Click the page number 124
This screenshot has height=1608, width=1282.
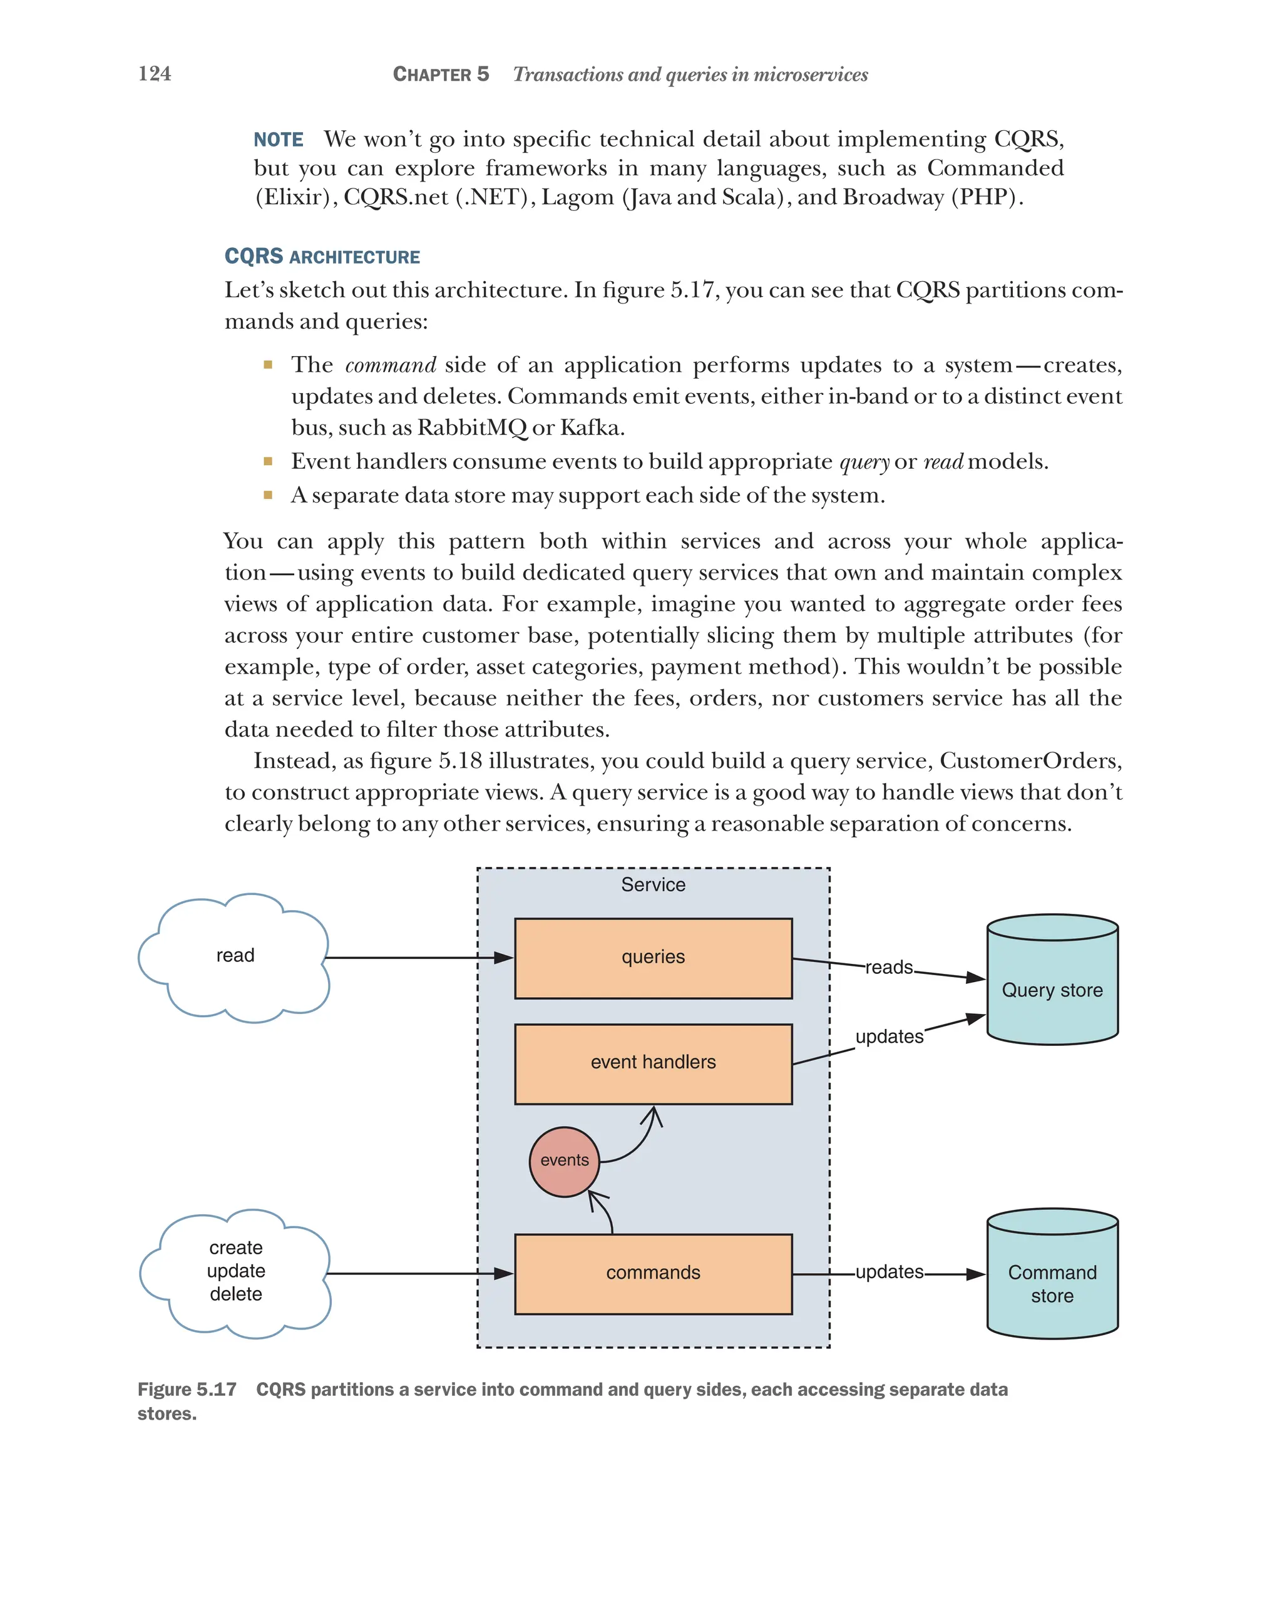[x=155, y=73]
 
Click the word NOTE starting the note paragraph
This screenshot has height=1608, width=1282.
[x=278, y=140]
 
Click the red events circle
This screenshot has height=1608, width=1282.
[x=564, y=1160]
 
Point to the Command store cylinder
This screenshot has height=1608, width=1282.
[x=1052, y=1276]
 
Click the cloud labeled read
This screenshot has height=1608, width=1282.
[x=234, y=956]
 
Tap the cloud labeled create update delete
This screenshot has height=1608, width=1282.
[x=235, y=1272]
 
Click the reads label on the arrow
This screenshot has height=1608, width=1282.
[x=888, y=967]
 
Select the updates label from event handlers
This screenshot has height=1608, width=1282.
[x=888, y=1037]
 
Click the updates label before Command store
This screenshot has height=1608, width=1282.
[x=888, y=1272]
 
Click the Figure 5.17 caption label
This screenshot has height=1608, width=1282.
[x=187, y=1390]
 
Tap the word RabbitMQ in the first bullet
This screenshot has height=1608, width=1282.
[x=471, y=428]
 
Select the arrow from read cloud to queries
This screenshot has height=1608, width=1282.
[x=418, y=958]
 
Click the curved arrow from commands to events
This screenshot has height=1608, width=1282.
[x=605, y=1212]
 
